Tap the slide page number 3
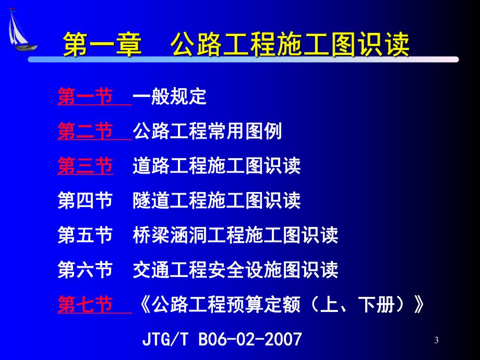pyautogui.click(x=436, y=341)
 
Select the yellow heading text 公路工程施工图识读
pyautogui.click(x=290, y=45)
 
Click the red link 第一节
pyautogui.click(x=85, y=97)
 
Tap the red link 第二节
pyautogui.click(x=85, y=131)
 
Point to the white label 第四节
pyautogui.click(x=85, y=200)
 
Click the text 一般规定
pyautogui.click(x=170, y=97)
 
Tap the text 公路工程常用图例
pyautogui.click(x=207, y=131)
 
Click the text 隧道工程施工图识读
pyautogui.click(x=217, y=200)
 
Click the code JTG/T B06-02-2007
pyautogui.click(x=222, y=340)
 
